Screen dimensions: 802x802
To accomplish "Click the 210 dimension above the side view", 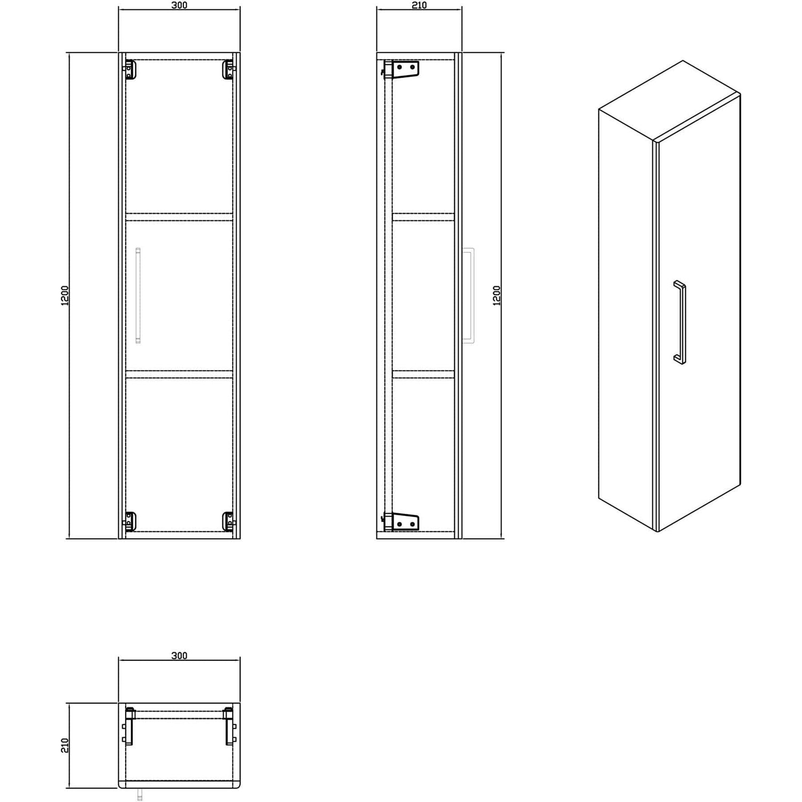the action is [x=419, y=5].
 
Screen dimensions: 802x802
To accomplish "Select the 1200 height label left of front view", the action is [x=65, y=296].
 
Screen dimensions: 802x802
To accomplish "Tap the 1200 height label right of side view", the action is [x=497, y=296].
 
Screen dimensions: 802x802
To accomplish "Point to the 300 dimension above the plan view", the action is [x=180, y=656].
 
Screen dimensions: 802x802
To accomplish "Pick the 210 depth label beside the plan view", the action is [x=65, y=745].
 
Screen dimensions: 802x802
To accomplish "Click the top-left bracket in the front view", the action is [x=129, y=70].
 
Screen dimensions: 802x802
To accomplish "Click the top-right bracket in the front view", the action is [x=228, y=70].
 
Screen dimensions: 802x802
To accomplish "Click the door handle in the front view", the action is [x=138, y=295].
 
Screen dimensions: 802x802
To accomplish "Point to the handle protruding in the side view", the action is [x=468, y=295].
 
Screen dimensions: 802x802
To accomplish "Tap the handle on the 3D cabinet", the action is [x=680, y=322].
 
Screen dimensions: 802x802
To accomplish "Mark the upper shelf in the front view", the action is [x=179, y=217].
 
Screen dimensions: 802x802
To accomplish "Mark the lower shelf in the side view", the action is [x=423, y=374].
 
